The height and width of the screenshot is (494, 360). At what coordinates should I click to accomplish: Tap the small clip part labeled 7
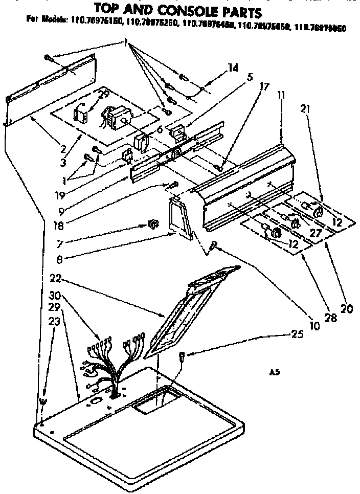[151, 223]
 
